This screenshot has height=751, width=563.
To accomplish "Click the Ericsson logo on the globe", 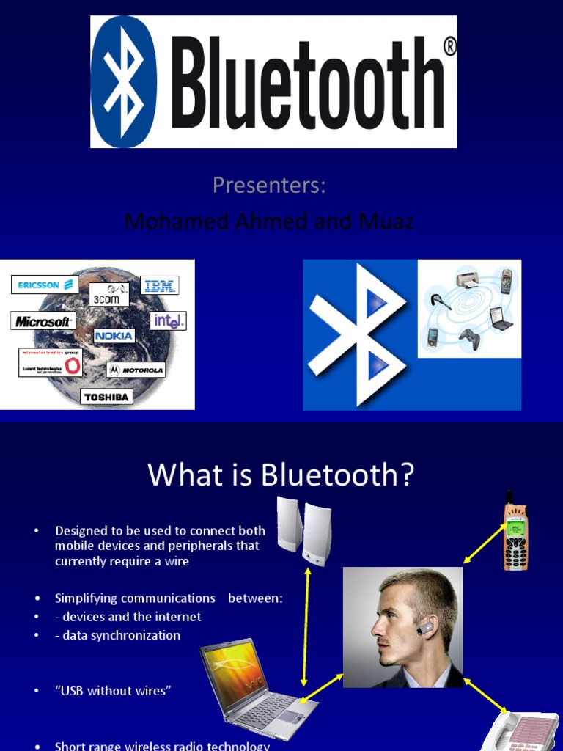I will [x=45, y=285].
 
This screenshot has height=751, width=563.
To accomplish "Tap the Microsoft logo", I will [x=43, y=321].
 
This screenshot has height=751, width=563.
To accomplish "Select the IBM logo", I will [x=160, y=286].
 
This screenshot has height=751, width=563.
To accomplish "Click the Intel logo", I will [x=169, y=320].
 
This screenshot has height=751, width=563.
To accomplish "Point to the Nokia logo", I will [x=114, y=336].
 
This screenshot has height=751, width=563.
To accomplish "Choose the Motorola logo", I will [x=136, y=370].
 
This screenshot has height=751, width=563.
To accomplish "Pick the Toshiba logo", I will [x=106, y=397].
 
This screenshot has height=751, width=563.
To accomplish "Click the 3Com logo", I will [x=109, y=295].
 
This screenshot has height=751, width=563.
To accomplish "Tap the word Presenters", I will [x=269, y=186].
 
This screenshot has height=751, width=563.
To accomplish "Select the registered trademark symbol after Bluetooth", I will [x=449, y=47].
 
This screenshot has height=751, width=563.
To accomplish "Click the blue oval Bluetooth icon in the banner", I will [x=123, y=81].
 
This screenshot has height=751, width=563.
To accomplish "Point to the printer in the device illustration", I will [x=468, y=279].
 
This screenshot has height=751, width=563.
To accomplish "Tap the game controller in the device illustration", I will [x=468, y=338].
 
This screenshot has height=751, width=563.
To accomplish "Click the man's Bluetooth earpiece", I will [x=426, y=629].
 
